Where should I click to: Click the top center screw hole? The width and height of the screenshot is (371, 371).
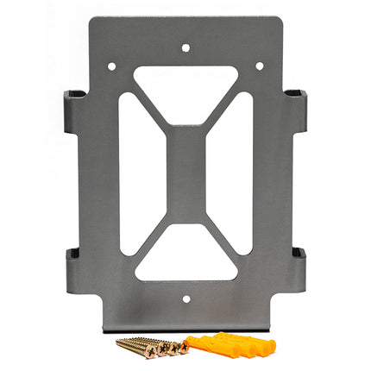tap(185, 48)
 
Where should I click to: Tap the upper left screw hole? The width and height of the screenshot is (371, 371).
tap(111, 66)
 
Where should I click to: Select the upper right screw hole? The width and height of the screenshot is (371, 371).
tap(259, 66)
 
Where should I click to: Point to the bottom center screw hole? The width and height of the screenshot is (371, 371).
tap(185, 300)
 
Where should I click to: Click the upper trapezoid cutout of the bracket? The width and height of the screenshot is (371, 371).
tap(185, 86)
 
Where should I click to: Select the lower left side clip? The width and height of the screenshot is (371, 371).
tap(75, 267)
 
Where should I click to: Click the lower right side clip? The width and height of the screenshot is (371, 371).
tap(296, 267)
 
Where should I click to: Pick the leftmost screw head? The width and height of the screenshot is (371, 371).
tap(122, 343)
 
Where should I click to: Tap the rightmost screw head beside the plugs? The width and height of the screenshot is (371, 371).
tap(182, 347)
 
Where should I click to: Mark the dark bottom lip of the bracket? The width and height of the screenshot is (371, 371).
tap(185, 329)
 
